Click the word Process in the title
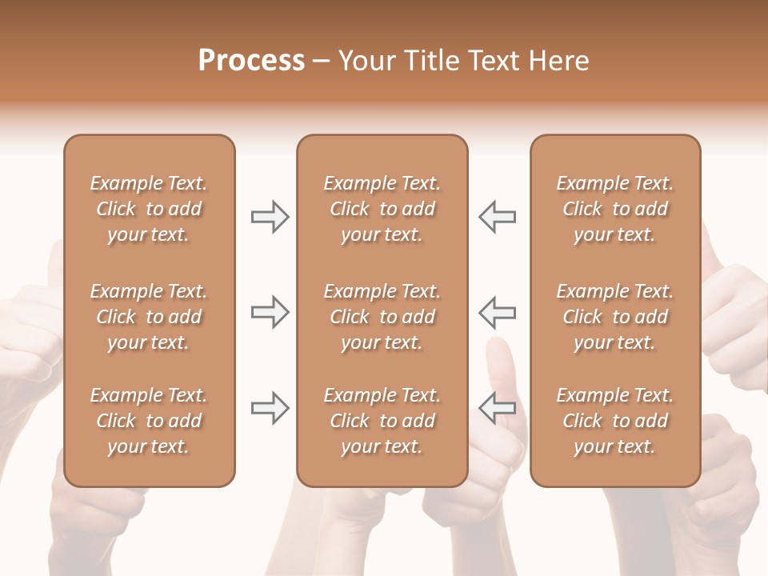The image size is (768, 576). [251, 61]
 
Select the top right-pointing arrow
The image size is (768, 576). [270, 217]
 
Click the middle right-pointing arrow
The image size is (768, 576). [270, 311]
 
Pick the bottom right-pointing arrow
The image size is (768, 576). [270, 407]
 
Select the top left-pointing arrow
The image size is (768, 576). [498, 217]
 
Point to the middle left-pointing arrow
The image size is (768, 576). [498, 311]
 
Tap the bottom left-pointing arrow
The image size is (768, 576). [498, 407]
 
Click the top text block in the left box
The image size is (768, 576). [149, 209]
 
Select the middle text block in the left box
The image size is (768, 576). [149, 317]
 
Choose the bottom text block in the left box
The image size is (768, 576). [149, 421]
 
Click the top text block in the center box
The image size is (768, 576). [382, 209]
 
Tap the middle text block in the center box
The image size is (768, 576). [382, 317]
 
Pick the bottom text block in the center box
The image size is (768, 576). [382, 421]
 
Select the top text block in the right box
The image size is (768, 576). [615, 209]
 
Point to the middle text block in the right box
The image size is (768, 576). [615, 317]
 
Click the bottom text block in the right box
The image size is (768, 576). [615, 421]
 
